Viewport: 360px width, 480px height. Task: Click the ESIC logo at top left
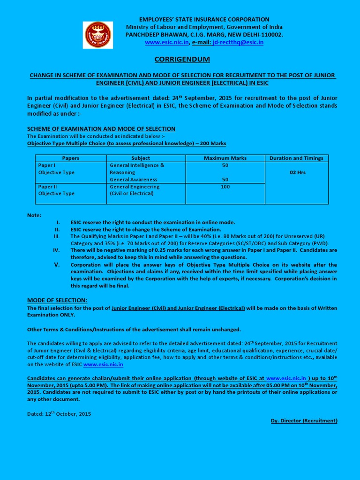pyautogui.click(x=98, y=35)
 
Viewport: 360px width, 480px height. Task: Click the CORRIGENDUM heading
pyautogui.click(x=182, y=59)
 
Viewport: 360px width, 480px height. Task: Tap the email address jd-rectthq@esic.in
pyautogui.click(x=238, y=42)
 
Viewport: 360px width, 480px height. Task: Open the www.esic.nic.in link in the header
pyautogui.click(x=167, y=42)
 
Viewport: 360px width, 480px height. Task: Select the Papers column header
pyautogui.click(x=70, y=158)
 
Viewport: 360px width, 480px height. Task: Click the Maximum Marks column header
pyautogui.click(x=225, y=158)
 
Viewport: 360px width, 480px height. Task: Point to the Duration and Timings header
pyautogui.click(x=296, y=158)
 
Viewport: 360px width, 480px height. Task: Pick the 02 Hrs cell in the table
pyautogui.click(x=297, y=172)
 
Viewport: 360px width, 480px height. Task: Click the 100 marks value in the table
pyautogui.click(x=225, y=187)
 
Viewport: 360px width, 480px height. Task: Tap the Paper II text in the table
pyautogui.click(x=47, y=187)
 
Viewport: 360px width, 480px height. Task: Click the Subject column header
pyautogui.click(x=141, y=158)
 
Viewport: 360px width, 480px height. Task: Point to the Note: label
pyautogui.click(x=34, y=215)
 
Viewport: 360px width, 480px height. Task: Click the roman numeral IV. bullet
pyautogui.click(x=56, y=250)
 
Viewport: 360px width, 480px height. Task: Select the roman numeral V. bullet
pyautogui.click(x=57, y=264)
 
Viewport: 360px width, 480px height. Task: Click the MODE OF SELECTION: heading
pyautogui.click(x=57, y=300)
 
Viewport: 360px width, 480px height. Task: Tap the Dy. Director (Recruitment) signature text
pyautogui.click(x=304, y=420)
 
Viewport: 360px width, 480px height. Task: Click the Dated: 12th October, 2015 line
pyautogui.click(x=59, y=414)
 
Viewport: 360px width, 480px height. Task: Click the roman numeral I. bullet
pyautogui.click(x=58, y=222)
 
